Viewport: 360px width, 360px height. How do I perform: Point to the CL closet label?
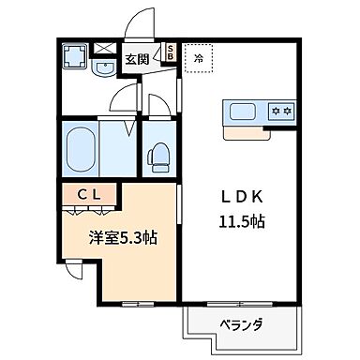pos(91,195)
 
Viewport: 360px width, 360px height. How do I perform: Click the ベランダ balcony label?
pos(242,325)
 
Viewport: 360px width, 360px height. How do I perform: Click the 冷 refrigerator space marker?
pos(198,58)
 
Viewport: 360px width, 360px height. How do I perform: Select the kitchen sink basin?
pos(241,112)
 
